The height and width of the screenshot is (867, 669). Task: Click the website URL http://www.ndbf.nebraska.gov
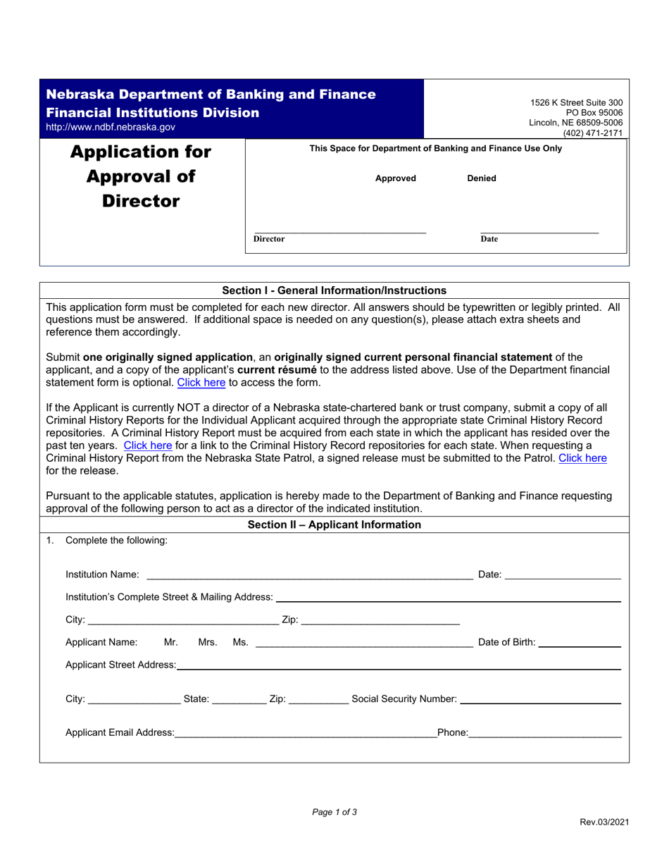tap(111, 128)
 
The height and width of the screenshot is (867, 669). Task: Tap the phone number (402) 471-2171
tap(593, 133)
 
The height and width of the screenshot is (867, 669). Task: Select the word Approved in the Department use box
tap(395, 178)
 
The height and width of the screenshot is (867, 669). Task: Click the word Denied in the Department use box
tap(482, 178)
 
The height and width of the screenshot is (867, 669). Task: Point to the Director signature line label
tap(269, 239)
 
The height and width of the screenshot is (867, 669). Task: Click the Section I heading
tap(334, 290)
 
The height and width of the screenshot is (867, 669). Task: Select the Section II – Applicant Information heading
tap(334, 525)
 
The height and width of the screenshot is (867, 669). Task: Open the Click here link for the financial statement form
tap(201, 383)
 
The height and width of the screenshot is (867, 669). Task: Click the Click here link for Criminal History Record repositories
tap(148, 445)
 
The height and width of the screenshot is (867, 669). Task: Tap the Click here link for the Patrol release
tap(582, 458)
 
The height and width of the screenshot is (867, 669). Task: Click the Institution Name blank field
tap(309, 574)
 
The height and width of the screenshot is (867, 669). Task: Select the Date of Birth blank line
tap(579, 642)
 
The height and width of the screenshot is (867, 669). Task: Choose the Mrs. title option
tap(208, 642)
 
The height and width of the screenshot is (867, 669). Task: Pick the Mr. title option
tap(171, 642)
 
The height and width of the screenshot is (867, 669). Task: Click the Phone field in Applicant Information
tap(545, 732)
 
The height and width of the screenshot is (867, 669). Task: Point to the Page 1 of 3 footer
tap(334, 812)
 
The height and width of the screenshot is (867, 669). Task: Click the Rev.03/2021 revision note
tap(604, 822)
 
